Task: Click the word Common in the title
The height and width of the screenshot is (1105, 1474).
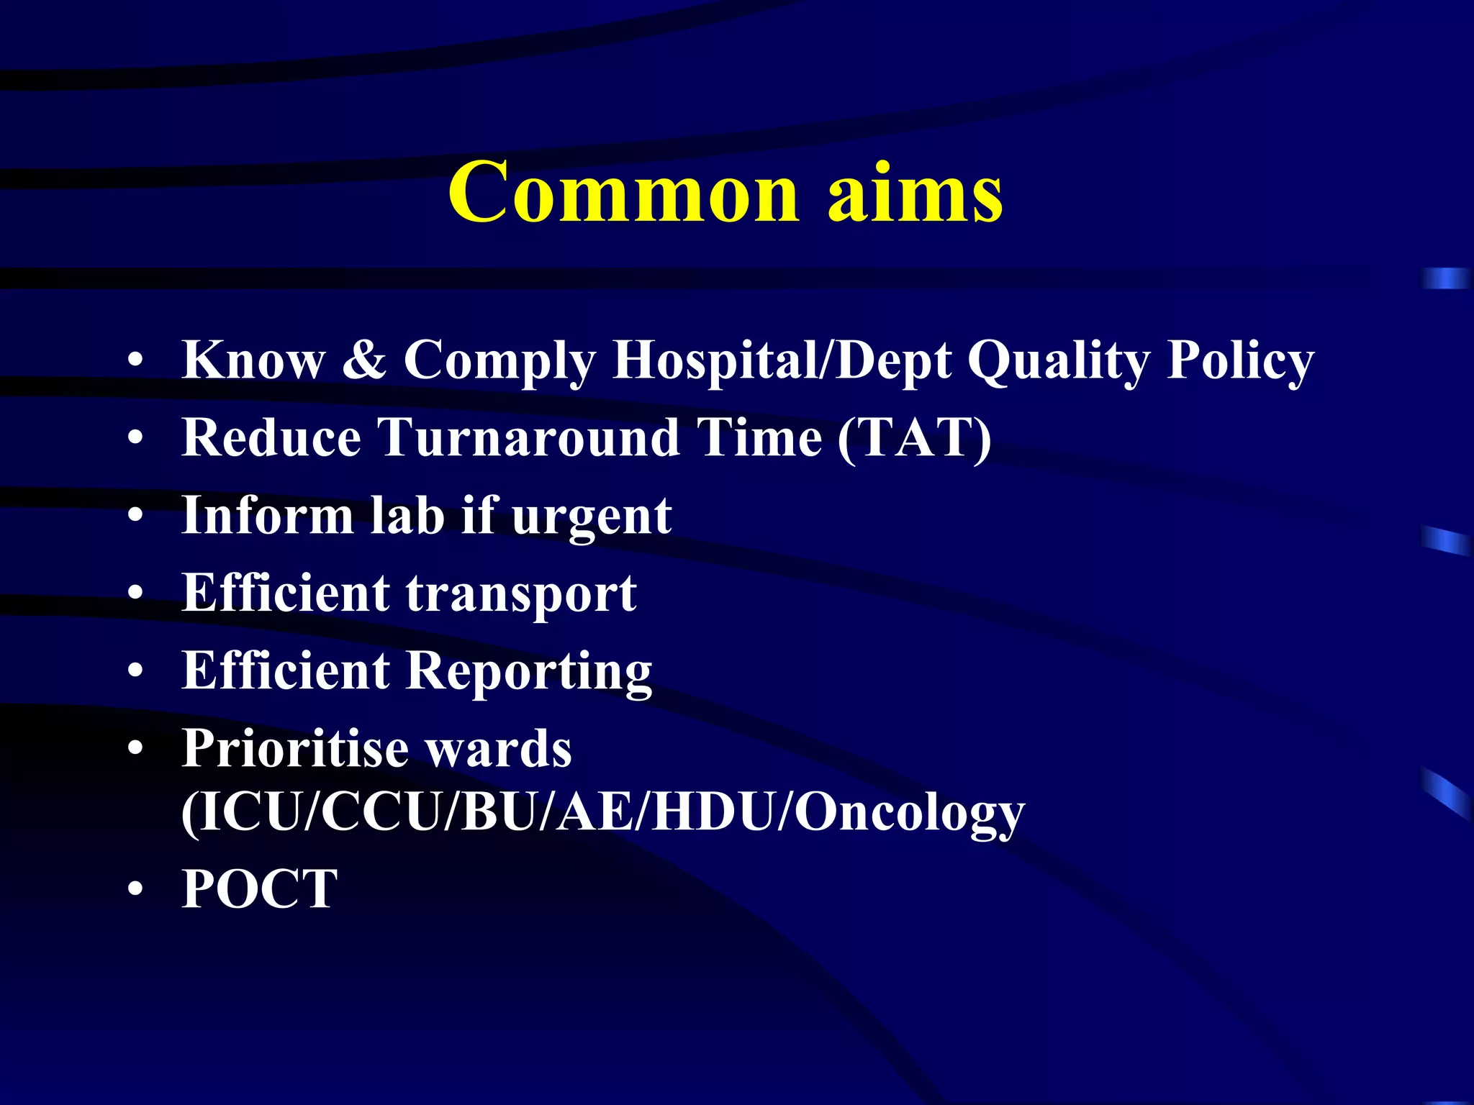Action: (623, 193)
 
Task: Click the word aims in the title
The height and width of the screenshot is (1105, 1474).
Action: (915, 193)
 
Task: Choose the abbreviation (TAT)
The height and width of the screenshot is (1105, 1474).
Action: (914, 437)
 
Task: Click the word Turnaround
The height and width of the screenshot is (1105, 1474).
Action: (529, 437)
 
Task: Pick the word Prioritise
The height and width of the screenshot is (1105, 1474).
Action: (295, 749)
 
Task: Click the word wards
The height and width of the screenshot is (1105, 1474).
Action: (499, 749)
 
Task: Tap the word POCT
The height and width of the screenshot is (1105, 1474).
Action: (259, 889)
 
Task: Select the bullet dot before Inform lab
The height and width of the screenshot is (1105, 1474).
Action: (135, 516)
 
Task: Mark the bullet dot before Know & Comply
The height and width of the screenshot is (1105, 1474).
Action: (135, 360)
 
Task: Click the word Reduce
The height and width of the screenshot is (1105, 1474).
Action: (271, 437)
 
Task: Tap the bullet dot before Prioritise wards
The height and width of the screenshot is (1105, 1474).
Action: (135, 750)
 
